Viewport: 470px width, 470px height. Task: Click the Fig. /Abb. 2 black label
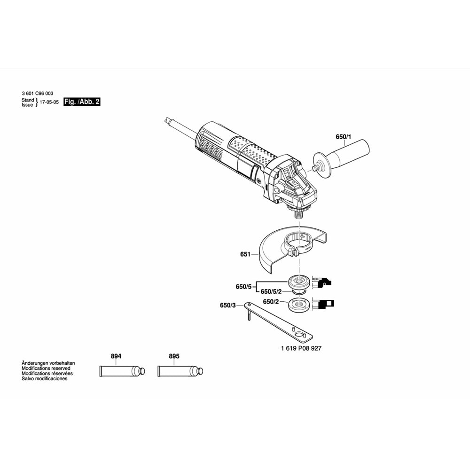coord(82,102)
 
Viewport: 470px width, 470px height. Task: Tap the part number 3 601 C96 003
coord(38,94)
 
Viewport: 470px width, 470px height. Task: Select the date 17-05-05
coord(49,102)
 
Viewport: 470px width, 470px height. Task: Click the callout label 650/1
coord(343,137)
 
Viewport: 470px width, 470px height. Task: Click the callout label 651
coord(245,254)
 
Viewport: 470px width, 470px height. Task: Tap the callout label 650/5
coord(243,287)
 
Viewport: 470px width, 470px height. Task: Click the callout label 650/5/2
coord(271,291)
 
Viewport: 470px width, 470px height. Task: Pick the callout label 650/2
coord(271,302)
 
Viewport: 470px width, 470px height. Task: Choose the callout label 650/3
coord(228,305)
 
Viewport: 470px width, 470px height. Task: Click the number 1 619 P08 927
coord(301,348)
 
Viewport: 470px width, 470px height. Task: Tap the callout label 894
coord(116,356)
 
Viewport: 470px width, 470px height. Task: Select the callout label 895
coord(174,356)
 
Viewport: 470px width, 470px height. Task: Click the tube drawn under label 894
coord(122,371)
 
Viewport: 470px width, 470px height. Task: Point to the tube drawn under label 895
coord(180,371)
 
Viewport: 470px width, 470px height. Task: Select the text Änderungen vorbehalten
coord(48,363)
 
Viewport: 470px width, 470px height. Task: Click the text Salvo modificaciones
coord(44,378)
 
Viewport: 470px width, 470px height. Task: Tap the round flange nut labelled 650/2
coord(298,305)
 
